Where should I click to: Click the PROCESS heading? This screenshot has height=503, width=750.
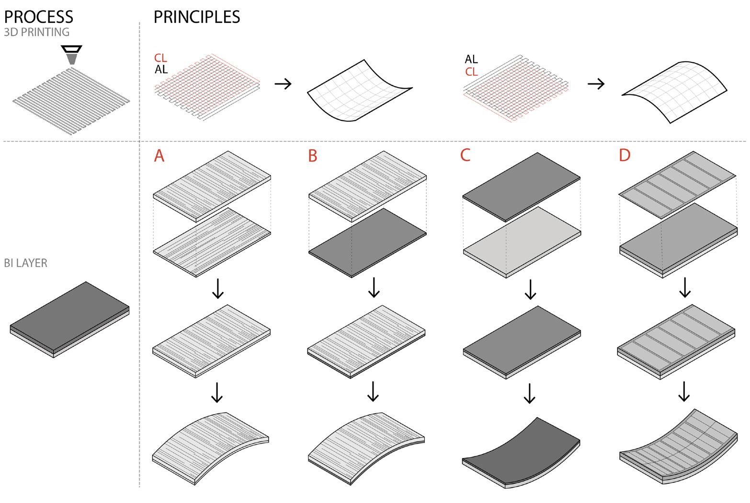[x=38, y=17]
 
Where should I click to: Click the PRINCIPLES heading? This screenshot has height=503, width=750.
[x=196, y=17]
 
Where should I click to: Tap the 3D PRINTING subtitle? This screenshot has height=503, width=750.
[x=36, y=33]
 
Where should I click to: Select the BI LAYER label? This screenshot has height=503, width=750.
[x=25, y=263]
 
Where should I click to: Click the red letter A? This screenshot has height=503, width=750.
[x=159, y=156]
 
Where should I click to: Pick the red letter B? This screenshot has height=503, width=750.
[x=313, y=156]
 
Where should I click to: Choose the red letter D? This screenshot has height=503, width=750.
[x=625, y=155]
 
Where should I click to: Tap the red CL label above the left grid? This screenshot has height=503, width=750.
[x=160, y=58]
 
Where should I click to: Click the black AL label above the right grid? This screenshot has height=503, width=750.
[x=471, y=59]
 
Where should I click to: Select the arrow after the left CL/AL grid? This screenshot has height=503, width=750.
[x=283, y=84]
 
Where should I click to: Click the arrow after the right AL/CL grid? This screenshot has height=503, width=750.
[x=596, y=84]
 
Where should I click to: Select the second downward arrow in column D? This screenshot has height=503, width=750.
[x=684, y=392]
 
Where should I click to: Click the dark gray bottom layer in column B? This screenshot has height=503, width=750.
[x=367, y=242]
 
